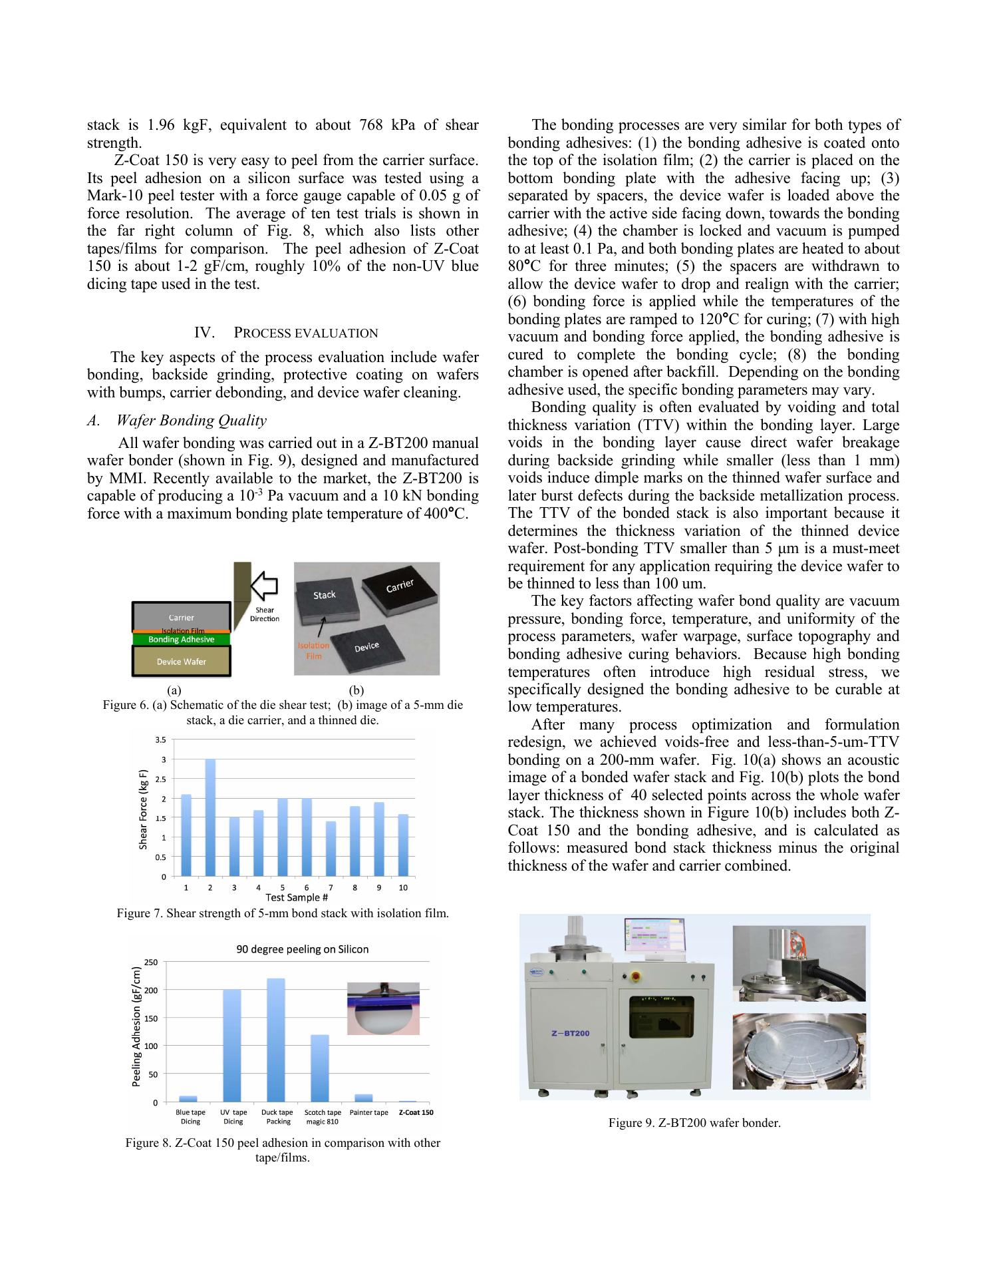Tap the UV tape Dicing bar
pos(232,1046)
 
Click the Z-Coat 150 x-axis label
pos(416,1112)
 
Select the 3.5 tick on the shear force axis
pos(160,740)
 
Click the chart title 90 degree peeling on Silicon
pos(303,949)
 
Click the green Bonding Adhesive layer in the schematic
pos(181,640)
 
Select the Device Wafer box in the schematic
pos(181,662)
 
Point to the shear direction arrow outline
pos(264,586)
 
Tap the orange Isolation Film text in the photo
pos(313,650)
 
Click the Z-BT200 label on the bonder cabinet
pos(570,1034)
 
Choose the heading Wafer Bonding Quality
pos(192,420)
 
